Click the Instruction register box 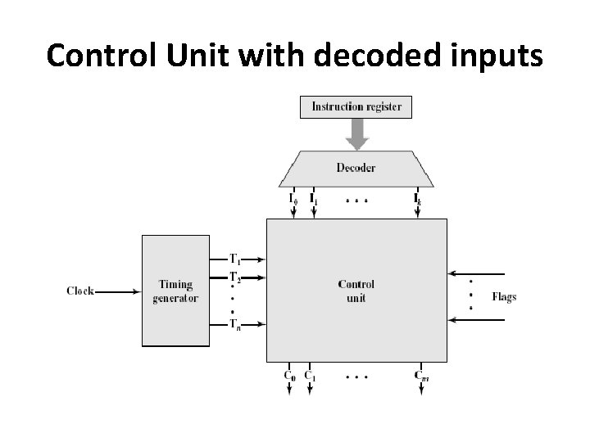point(356,106)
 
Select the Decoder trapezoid point(356,168)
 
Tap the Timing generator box point(175,291)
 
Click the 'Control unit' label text point(356,291)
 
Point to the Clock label point(80,291)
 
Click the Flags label point(504,296)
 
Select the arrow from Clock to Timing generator point(119,291)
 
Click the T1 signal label point(235,259)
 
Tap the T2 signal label point(235,276)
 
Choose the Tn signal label point(235,323)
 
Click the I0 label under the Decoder point(293,198)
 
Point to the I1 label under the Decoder point(313,198)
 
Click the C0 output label point(290,376)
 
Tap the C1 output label point(311,376)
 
